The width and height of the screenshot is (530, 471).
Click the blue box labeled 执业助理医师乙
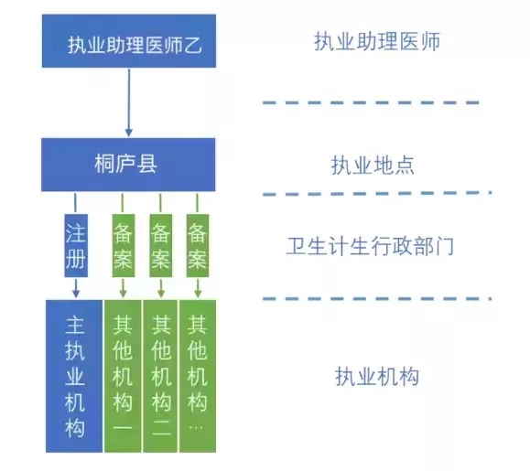(129, 41)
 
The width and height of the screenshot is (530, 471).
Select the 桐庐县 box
(128, 165)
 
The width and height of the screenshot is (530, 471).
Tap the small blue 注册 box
(76, 245)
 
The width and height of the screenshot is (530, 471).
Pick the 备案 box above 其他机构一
(124, 245)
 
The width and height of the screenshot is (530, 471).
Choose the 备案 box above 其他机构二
(161, 245)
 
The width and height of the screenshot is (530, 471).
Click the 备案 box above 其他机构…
(198, 245)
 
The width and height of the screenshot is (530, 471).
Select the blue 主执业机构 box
(74, 376)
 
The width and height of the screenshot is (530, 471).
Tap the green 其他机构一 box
(123, 376)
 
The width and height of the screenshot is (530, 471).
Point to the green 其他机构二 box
(160, 376)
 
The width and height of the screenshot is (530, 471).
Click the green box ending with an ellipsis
(198, 376)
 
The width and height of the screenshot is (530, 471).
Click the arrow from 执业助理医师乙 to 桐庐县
(129, 102)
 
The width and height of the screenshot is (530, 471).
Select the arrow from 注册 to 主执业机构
(76, 288)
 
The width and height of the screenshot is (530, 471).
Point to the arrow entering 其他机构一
(124, 288)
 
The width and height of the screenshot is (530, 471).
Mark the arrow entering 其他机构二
(161, 288)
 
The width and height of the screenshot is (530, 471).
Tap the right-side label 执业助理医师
(377, 41)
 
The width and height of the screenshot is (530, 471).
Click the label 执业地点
(373, 166)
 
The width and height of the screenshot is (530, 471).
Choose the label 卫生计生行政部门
(371, 246)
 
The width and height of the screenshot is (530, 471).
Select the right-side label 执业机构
(377, 376)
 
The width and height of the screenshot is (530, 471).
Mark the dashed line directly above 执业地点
(371, 102)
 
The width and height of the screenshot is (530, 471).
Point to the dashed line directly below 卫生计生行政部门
(377, 298)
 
